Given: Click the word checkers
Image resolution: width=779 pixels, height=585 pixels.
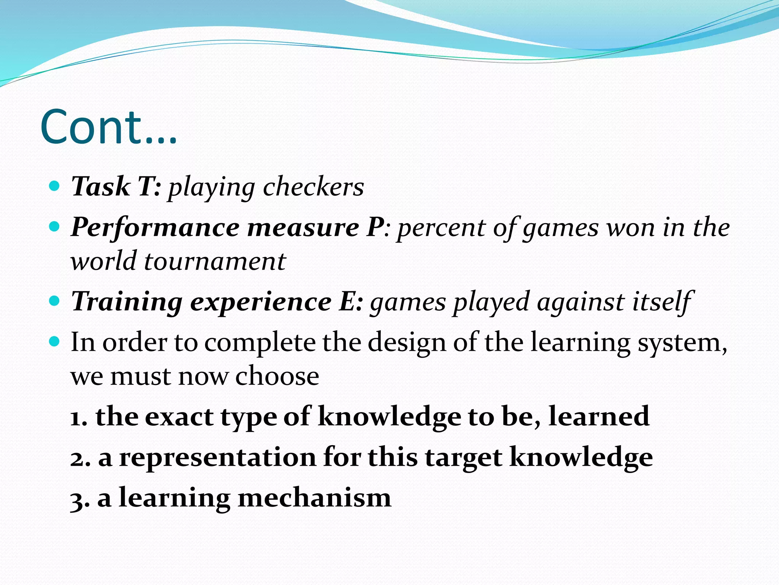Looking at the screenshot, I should (313, 187).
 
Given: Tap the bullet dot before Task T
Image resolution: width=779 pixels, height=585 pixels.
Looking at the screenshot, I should (55, 186).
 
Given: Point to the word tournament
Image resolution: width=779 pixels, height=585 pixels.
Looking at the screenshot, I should (215, 262).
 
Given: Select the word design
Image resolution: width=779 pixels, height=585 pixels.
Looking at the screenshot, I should (407, 342).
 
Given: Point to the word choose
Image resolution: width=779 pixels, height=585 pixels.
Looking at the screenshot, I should (277, 376).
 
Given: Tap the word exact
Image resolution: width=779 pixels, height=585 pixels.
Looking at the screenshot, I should (179, 417).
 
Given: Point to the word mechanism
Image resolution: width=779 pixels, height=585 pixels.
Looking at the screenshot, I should (314, 498).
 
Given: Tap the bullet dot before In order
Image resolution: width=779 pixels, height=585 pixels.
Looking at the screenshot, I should (55, 341).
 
